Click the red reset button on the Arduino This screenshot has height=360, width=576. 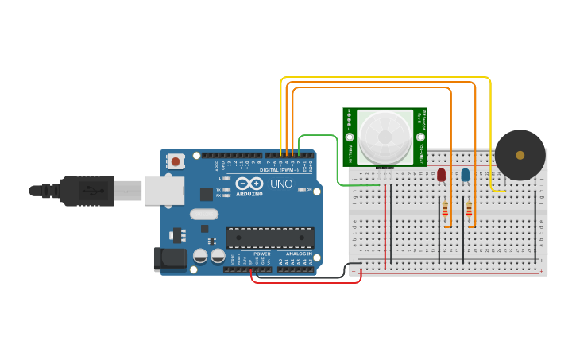(175, 161)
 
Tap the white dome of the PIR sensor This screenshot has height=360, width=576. (385, 137)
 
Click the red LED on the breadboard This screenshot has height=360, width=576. (441, 174)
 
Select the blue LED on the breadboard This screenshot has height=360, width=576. (466, 174)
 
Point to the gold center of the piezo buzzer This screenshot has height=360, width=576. (520, 155)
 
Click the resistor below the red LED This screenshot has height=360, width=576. (445, 210)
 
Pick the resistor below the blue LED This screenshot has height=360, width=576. (470, 210)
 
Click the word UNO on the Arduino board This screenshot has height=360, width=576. (281, 184)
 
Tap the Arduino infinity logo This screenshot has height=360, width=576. (249, 184)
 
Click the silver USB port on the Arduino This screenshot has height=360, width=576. (165, 191)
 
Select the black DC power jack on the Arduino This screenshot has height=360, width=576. (169, 258)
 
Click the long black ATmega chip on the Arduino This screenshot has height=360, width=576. (269, 237)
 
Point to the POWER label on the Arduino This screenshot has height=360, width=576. (261, 254)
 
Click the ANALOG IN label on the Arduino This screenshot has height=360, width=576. (298, 254)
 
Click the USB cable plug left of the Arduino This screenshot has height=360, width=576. (87, 191)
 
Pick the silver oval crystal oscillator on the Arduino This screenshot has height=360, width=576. (204, 214)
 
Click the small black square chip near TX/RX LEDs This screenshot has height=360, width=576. (207, 194)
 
